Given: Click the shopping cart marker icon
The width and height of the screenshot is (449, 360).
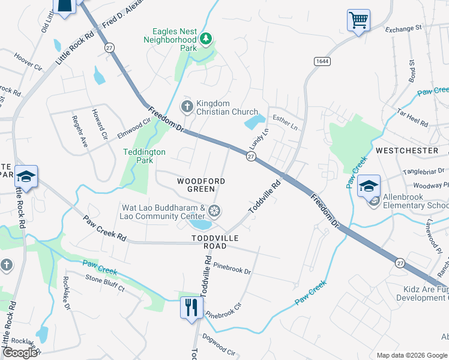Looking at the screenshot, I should coord(358,20).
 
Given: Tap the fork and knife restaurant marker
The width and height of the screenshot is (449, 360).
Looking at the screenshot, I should coord(191,308).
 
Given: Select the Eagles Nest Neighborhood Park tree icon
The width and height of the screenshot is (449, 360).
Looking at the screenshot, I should coord(206,39).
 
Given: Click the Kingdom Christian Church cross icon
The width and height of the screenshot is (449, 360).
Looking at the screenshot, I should coord(187,107).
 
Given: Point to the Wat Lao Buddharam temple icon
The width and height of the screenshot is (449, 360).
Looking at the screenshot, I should coord(214,211).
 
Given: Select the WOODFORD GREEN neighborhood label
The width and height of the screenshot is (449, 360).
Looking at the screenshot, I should coord(201,185).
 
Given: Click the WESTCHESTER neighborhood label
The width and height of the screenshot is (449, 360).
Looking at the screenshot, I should coord(406,150).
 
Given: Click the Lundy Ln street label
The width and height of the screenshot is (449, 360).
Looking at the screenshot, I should coord(259,140).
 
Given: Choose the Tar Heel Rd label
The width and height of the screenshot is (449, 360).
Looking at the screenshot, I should coord(413,118).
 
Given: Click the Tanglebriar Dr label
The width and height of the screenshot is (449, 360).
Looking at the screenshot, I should coord(423,171).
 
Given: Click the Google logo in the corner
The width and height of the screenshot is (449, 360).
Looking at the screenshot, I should coord(20,353).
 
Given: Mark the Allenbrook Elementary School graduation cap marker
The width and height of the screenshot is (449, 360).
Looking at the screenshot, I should coord(369,185).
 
